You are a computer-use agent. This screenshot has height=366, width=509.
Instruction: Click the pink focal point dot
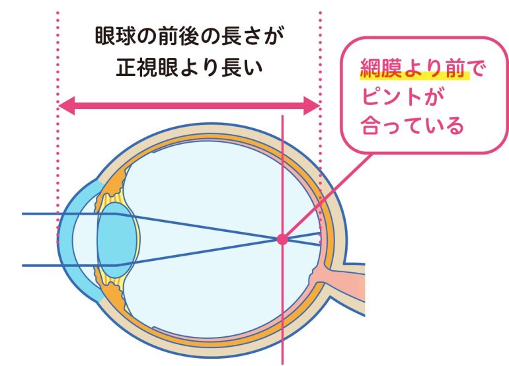tap(282, 240)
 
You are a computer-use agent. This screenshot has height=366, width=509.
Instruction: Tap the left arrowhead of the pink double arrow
tap(67, 106)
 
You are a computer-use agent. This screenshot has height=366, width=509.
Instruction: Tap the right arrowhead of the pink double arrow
tap(311, 106)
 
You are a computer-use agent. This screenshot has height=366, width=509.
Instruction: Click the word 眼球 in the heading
tap(115, 36)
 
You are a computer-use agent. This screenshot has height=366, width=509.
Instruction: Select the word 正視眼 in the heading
tap(147, 67)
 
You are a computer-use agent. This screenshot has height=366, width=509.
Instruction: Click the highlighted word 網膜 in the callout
tap(381, 69)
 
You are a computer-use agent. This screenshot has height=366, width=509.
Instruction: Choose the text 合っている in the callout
tap(412, 126)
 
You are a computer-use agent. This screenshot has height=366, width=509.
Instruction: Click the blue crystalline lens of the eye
tap(117, 240)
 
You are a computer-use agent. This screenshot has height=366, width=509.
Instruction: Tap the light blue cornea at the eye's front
tap(67, 240)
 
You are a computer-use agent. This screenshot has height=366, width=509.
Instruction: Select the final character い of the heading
tap(253, 68)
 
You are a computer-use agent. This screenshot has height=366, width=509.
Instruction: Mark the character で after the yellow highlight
tap(475, 69)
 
